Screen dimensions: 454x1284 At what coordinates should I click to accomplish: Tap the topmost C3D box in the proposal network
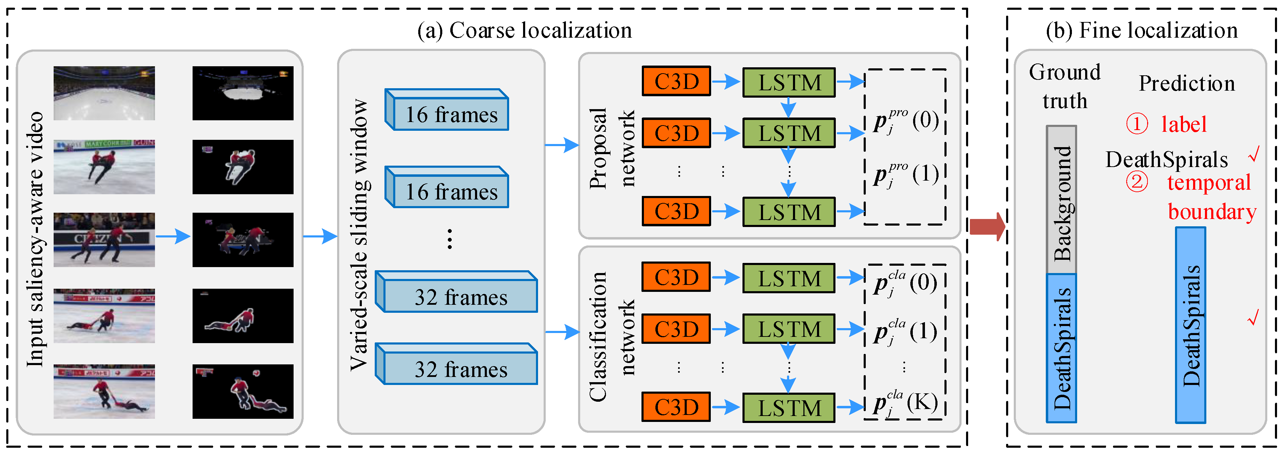point(676,81)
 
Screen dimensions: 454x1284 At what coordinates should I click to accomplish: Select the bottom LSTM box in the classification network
point(788,408)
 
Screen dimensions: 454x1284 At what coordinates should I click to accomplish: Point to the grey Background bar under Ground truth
point(1061,199)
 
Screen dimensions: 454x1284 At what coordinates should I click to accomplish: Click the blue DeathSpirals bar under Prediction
point(1190,325)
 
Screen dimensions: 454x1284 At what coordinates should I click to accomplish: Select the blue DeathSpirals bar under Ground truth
point(1061,348)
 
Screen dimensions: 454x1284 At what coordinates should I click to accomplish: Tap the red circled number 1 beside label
point(1137,124)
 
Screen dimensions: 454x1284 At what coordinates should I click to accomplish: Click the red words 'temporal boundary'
point(1210,197)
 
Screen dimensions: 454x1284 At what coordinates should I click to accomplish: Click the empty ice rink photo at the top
point(104,93)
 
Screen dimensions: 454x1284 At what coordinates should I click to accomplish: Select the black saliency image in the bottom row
point(243,392)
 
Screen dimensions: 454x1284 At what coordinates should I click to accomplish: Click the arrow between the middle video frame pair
point(173,236)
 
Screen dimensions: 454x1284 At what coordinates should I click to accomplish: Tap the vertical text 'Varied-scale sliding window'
point(359,234)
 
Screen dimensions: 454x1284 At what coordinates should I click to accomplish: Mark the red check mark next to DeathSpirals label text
point(1254,155)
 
